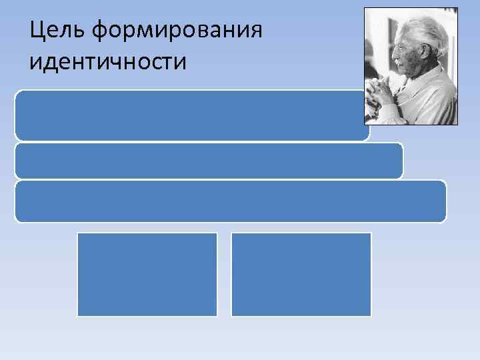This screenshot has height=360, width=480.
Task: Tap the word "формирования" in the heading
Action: (x=175, y=30)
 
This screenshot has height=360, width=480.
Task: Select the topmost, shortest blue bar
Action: (x=190, y=115)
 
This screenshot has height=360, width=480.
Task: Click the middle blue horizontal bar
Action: (x=208, y=161)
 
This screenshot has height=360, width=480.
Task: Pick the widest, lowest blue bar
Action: (x=230, y=201)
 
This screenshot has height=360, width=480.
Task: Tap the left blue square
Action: (x=147, y=274)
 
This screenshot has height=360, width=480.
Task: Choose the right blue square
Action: (x=301, y=274)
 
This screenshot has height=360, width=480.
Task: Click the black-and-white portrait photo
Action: (x=411, y=66)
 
